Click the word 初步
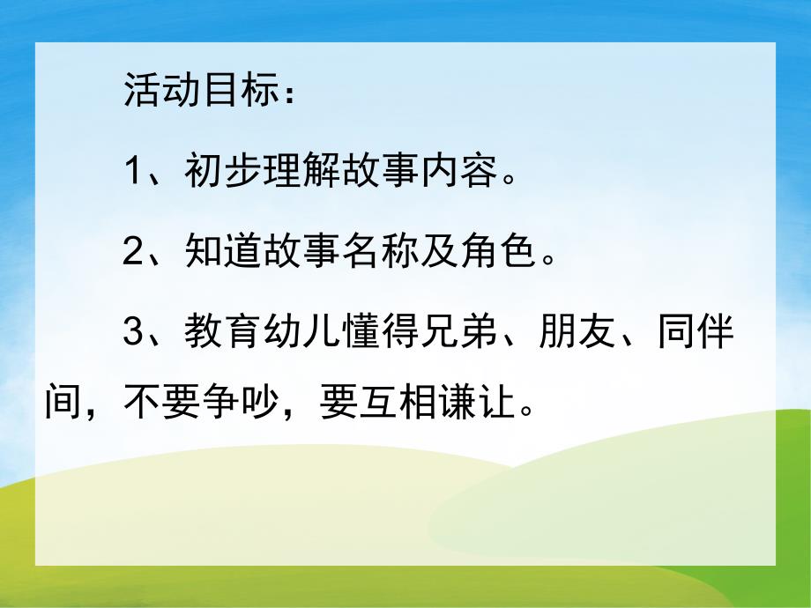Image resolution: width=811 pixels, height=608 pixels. pos(215,170)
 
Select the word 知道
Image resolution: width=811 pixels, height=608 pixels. pos(215,252)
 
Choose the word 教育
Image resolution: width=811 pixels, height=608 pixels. pos(215,334)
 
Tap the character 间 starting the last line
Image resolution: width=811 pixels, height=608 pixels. pos(62,404)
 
